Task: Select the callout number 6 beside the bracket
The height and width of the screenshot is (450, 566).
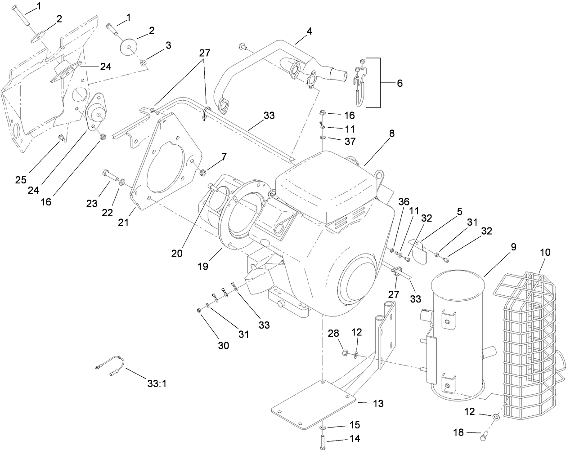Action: [x=400, y=83]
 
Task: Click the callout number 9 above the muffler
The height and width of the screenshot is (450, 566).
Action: [x=513, y=247]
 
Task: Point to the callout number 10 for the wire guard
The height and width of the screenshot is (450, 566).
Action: [x=544, y=253]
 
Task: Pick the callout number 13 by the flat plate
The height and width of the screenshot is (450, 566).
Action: [x=378, y=404]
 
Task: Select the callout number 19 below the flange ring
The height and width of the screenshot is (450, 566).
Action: [x=202, y=266]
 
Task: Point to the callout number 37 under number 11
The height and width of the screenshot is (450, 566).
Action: [x=349, y=141]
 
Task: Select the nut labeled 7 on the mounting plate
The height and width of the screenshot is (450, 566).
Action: [x=202, y=171]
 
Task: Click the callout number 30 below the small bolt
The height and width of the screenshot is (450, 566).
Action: [x=223, y=345]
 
